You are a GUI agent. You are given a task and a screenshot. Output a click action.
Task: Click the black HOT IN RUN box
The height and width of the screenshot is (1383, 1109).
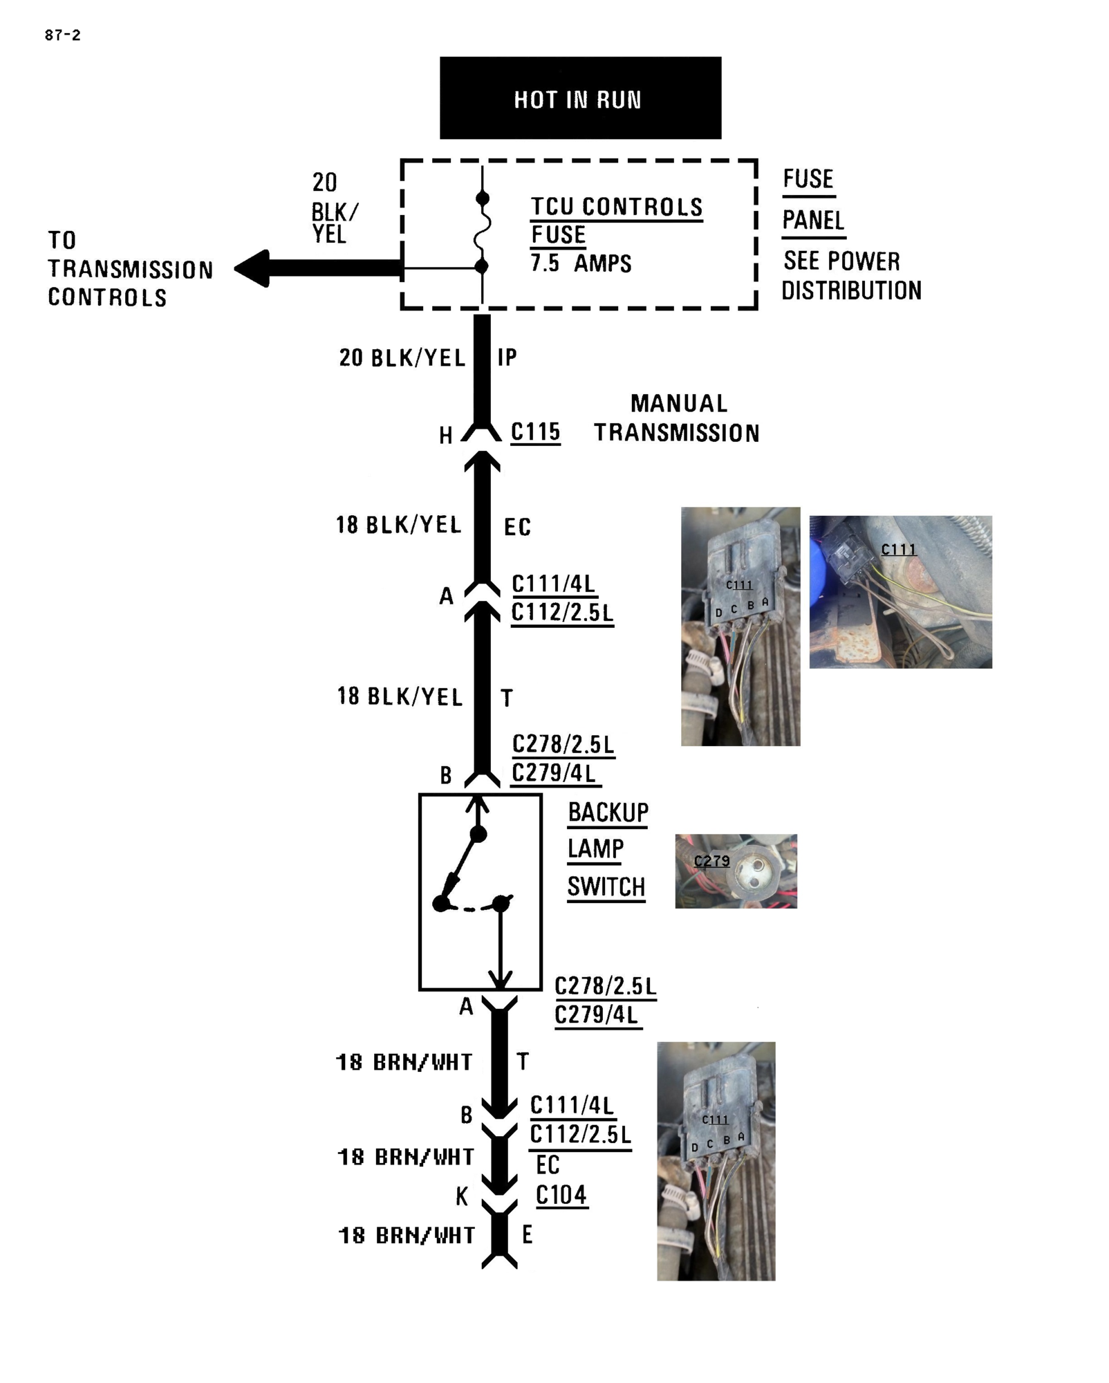(580, 98)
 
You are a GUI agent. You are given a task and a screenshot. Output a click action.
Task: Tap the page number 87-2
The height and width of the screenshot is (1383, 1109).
(62, 35)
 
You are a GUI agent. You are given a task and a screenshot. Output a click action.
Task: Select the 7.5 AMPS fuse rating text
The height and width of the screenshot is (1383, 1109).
(581, 263)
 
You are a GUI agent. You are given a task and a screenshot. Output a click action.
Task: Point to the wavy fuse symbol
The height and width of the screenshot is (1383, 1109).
(482, 232)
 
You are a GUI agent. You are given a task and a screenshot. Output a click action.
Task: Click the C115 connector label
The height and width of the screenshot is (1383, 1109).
(535, 432)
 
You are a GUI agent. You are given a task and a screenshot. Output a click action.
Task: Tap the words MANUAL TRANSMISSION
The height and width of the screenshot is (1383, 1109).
(677, 418)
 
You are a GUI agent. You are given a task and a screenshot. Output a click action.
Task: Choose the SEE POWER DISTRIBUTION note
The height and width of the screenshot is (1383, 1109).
(851, 276)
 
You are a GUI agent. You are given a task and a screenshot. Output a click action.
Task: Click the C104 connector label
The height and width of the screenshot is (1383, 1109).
(561, 1195)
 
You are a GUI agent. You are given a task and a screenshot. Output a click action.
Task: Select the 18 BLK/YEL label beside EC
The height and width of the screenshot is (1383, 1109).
(398, 525)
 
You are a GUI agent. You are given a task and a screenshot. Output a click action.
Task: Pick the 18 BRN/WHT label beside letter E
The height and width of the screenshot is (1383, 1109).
(407, 1235)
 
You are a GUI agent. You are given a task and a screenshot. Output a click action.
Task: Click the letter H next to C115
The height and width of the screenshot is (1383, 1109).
(446, 436)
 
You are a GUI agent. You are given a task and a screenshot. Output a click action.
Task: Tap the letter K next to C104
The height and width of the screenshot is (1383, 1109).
(462, 1196)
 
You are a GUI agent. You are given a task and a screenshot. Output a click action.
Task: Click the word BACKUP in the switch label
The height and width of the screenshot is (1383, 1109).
(608, 813)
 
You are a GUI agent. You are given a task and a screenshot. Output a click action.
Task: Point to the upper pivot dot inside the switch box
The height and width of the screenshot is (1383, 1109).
(478, 835)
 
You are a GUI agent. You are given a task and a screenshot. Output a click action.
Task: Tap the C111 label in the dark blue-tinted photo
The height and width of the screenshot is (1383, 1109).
(898, 550)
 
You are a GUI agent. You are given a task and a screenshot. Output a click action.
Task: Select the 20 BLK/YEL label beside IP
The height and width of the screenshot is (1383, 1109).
(402, 358)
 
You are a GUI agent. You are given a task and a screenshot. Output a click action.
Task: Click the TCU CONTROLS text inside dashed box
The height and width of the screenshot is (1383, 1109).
(616, 207)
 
